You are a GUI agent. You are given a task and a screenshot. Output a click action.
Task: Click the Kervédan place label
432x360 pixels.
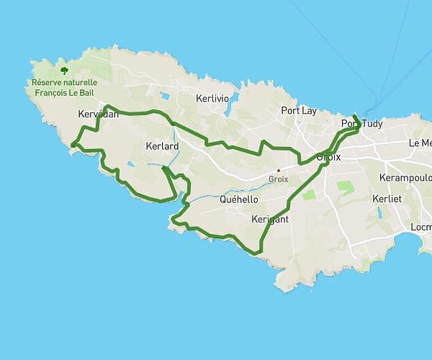point(97,114)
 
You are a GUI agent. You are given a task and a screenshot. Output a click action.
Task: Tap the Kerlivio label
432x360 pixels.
point(213,97)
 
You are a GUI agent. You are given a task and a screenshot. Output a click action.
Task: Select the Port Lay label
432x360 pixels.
point(298,111)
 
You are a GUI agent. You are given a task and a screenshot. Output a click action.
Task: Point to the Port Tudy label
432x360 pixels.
point(361,124)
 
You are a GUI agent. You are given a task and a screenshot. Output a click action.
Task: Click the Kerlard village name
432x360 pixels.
point(162,146)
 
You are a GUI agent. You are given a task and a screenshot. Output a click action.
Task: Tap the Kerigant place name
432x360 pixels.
point(271,219)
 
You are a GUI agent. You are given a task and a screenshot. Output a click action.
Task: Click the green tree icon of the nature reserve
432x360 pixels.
point(65,71)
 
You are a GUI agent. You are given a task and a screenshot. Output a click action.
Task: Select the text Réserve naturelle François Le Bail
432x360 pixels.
point(65,86)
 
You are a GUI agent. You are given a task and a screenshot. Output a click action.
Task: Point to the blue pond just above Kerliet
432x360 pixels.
point(378,213)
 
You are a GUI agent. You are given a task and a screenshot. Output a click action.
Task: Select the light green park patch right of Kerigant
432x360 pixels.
point(309,194)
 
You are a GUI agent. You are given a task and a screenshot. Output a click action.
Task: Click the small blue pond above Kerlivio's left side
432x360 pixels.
point(166,95)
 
